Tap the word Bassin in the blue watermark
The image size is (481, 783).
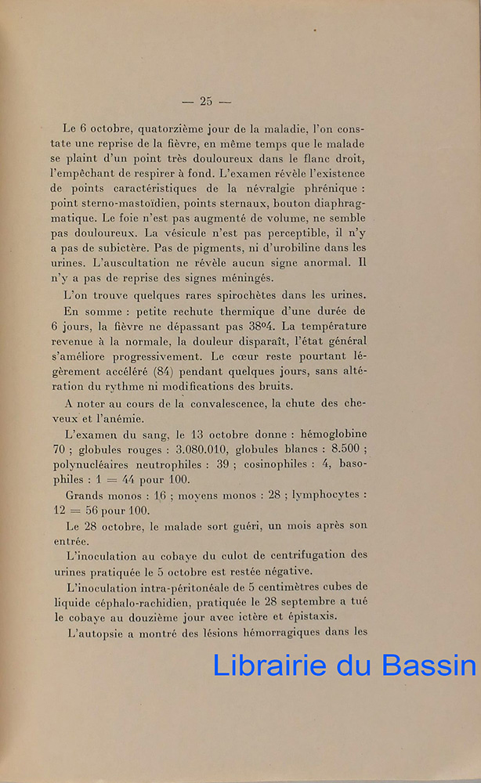(x=429, y=665)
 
